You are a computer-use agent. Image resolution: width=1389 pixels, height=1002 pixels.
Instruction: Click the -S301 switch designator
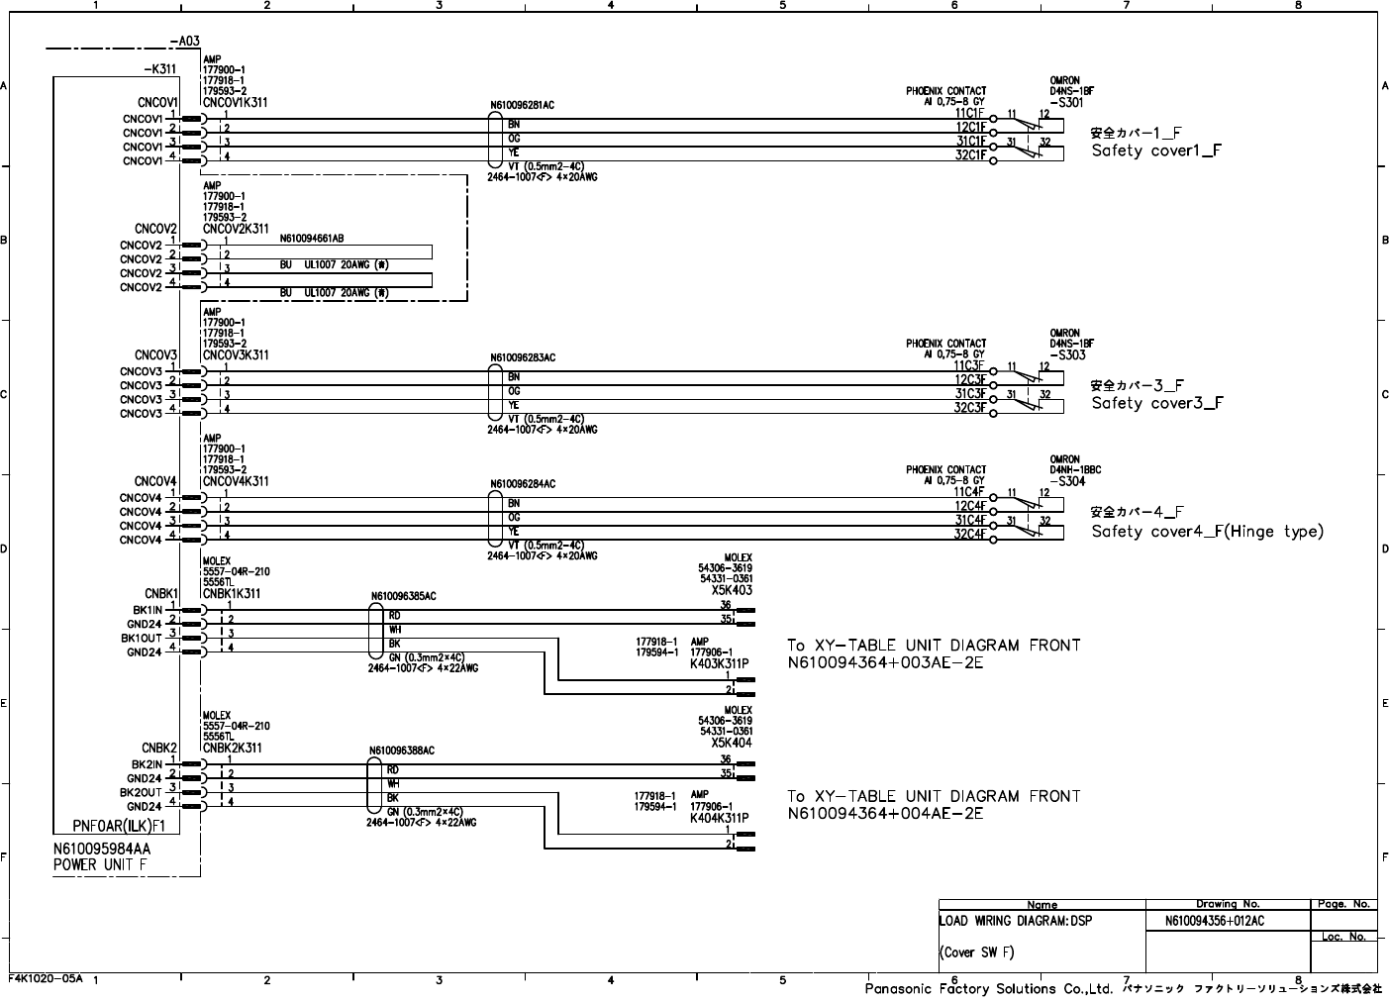tap(1066, 102)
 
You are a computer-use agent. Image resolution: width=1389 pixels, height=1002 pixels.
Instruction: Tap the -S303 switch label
tap(1066, 354)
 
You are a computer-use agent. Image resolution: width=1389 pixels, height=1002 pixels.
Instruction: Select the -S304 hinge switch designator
tap(1067, 481)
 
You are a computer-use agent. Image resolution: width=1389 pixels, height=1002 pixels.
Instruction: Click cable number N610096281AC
tap(522, 104)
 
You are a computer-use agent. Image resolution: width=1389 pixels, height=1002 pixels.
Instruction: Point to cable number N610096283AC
tap(522, 357)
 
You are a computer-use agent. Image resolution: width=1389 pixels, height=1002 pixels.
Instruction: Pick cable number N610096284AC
tap(522, 484)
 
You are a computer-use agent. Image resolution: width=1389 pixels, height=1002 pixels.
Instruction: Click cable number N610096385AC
tap(403, 597)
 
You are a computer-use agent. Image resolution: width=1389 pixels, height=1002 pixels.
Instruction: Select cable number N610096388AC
tap(401, 751)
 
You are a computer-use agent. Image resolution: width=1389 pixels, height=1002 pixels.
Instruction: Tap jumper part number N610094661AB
tap(312, 239)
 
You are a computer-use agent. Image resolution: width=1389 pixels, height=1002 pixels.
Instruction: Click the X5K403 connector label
tap(732, 590)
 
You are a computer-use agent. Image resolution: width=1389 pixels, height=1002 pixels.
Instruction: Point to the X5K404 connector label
tap(732, 743)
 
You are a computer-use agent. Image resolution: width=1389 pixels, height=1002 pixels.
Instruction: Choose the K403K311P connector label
tap(719, 663)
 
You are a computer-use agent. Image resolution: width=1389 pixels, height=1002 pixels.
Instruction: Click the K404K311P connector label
tap(719, 818)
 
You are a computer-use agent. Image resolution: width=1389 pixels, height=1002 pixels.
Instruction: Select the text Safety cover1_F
tap(1156, 151)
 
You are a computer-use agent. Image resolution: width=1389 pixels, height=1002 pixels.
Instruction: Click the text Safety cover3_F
tap(1156, 404)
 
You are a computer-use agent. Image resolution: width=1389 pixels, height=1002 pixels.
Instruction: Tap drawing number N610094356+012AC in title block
tap(1215, 921)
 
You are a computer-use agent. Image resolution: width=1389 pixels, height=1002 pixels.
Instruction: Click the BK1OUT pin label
tap(141, 639)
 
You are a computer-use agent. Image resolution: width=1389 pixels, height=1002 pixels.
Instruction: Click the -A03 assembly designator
tap(185, 42)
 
